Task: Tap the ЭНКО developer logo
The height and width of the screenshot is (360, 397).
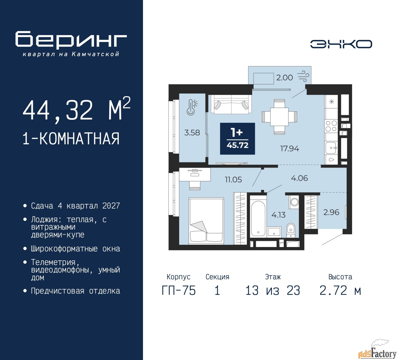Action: (341, 44)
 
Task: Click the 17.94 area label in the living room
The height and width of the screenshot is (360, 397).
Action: (290, 148)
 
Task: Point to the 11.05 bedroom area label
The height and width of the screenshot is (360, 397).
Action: (233, 180)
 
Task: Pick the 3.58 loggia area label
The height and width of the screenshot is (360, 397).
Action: (192, 133)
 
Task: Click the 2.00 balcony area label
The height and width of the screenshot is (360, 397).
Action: (284, 77)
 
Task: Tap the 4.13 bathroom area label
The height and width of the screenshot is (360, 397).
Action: (278, 215)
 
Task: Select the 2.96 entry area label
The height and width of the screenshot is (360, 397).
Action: (331, 212)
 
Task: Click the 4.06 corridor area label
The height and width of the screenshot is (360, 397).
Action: (299, 178)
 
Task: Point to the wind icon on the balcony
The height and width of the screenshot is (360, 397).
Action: (303, 77)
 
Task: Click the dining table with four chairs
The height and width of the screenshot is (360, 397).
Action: (279, 117)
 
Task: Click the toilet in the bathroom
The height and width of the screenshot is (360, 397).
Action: (291, 230)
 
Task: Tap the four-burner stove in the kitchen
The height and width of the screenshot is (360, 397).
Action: (331, 126)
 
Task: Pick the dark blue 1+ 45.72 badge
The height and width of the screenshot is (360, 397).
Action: (237, 139)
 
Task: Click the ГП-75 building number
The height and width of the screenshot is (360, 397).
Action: (179, 290)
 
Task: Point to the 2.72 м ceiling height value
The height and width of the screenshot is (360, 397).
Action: (340, 290)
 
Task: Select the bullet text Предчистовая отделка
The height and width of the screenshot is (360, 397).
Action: (75, 291)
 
